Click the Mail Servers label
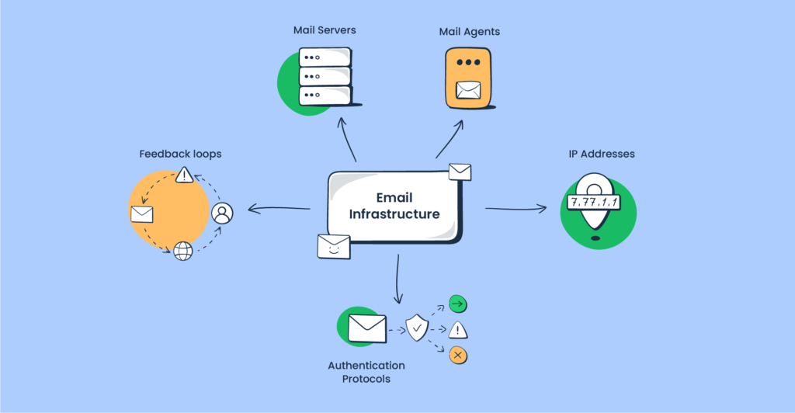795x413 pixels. pyautogui.click(x=325, y=31)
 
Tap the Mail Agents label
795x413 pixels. pyautogui.click(x=469, y=32)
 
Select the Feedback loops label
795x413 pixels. pyautogui.click(x=180, y=154)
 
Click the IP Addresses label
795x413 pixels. pyautogui.click(x=601, y=154)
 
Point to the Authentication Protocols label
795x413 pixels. pyautogui.click(x=366, y=372)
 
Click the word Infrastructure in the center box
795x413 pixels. pyautogui.click(x=394, y=214)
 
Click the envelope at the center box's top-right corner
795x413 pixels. pyautogui.click(x=460, y=172)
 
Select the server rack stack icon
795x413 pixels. pyautogui.click(x=325, y=76)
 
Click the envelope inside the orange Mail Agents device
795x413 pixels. pyautogui.click(x=468, y=90)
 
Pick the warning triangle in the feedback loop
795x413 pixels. pyautogui.click(x=184, y=175)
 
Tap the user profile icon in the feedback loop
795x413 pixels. pyautogui.click(x=222, y=213)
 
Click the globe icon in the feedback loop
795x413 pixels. pyautogui.click(x=182, y=251)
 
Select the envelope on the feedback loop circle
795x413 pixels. pyautogui.click(x=142, y=214)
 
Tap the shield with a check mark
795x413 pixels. pyautogui.click(x=418, y=329)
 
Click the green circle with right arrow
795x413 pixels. pyautogui.click(x=458, y=304)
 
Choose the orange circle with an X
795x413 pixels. pyautogui.click(x=458, y=356)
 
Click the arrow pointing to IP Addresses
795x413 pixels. pyautogui.click(x=516, y=208)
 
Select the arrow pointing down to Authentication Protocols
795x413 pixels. pyautogui.click(x=397, y=279)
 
